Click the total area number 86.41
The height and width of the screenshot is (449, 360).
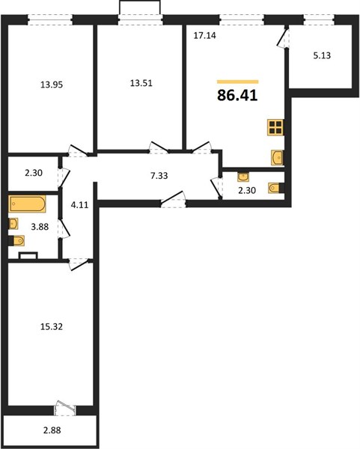tap(237, 95)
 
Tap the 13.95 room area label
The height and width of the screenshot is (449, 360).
tap(52, 85)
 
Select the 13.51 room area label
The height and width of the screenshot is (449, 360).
tap(141, 83)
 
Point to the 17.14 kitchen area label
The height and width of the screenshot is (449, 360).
tap(205, 35)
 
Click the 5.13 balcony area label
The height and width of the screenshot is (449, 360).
tap(322, 55)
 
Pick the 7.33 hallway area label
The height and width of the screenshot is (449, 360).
tap(159, 176)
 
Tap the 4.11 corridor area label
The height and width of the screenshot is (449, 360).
tap(79, 205)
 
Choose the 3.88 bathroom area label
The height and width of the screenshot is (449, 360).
tap(40, 227)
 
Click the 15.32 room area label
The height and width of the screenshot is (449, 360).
tap(52, 326)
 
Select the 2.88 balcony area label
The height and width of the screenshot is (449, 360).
tap(52, 430)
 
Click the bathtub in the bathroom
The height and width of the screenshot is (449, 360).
tap(27, 204)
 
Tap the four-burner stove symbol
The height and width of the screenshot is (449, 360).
tap(275, 127)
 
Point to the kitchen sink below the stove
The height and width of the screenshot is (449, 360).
tap(277, 157)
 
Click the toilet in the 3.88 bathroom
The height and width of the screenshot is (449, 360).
tap(16, 240)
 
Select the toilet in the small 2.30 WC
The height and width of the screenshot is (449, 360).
tap(276, 188)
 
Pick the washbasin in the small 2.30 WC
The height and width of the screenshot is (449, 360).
tap(243, 177)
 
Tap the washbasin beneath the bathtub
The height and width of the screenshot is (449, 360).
tap(13, 224)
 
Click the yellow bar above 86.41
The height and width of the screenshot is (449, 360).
tap(238, 82)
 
